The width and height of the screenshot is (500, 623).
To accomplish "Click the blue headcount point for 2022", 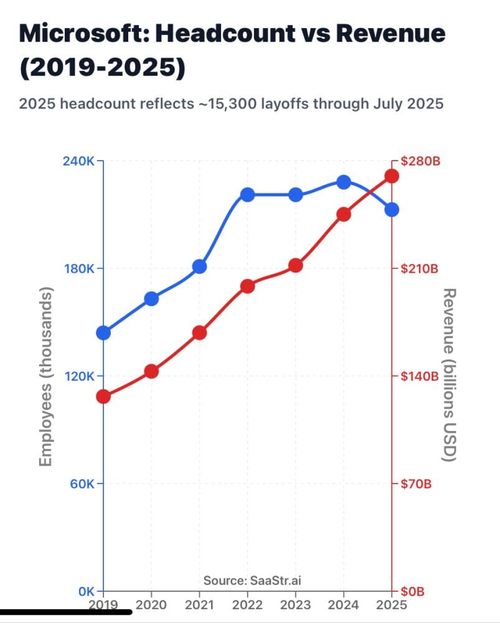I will (248, 194).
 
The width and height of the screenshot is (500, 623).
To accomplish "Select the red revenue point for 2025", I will (391, 176).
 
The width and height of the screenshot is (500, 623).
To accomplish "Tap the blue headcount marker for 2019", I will (103, 333).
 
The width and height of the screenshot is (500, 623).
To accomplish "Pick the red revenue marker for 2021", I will (199, 333).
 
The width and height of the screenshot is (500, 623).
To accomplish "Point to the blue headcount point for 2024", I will (343, 182).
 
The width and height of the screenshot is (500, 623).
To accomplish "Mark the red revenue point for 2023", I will (295, 266).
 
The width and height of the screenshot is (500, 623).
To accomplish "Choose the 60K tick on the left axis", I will (81, 484).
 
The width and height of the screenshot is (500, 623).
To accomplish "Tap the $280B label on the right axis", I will (420, 161).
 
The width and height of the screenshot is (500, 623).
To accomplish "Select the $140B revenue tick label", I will (420, 376).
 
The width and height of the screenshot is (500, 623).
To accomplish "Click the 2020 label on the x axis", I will (151, 605).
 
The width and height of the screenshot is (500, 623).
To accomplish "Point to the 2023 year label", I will (295, 605).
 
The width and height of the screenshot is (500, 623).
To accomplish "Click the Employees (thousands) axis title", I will (45, 376).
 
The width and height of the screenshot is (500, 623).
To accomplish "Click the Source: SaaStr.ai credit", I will (248, 581).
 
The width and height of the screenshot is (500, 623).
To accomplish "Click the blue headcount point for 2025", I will (391, 210).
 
